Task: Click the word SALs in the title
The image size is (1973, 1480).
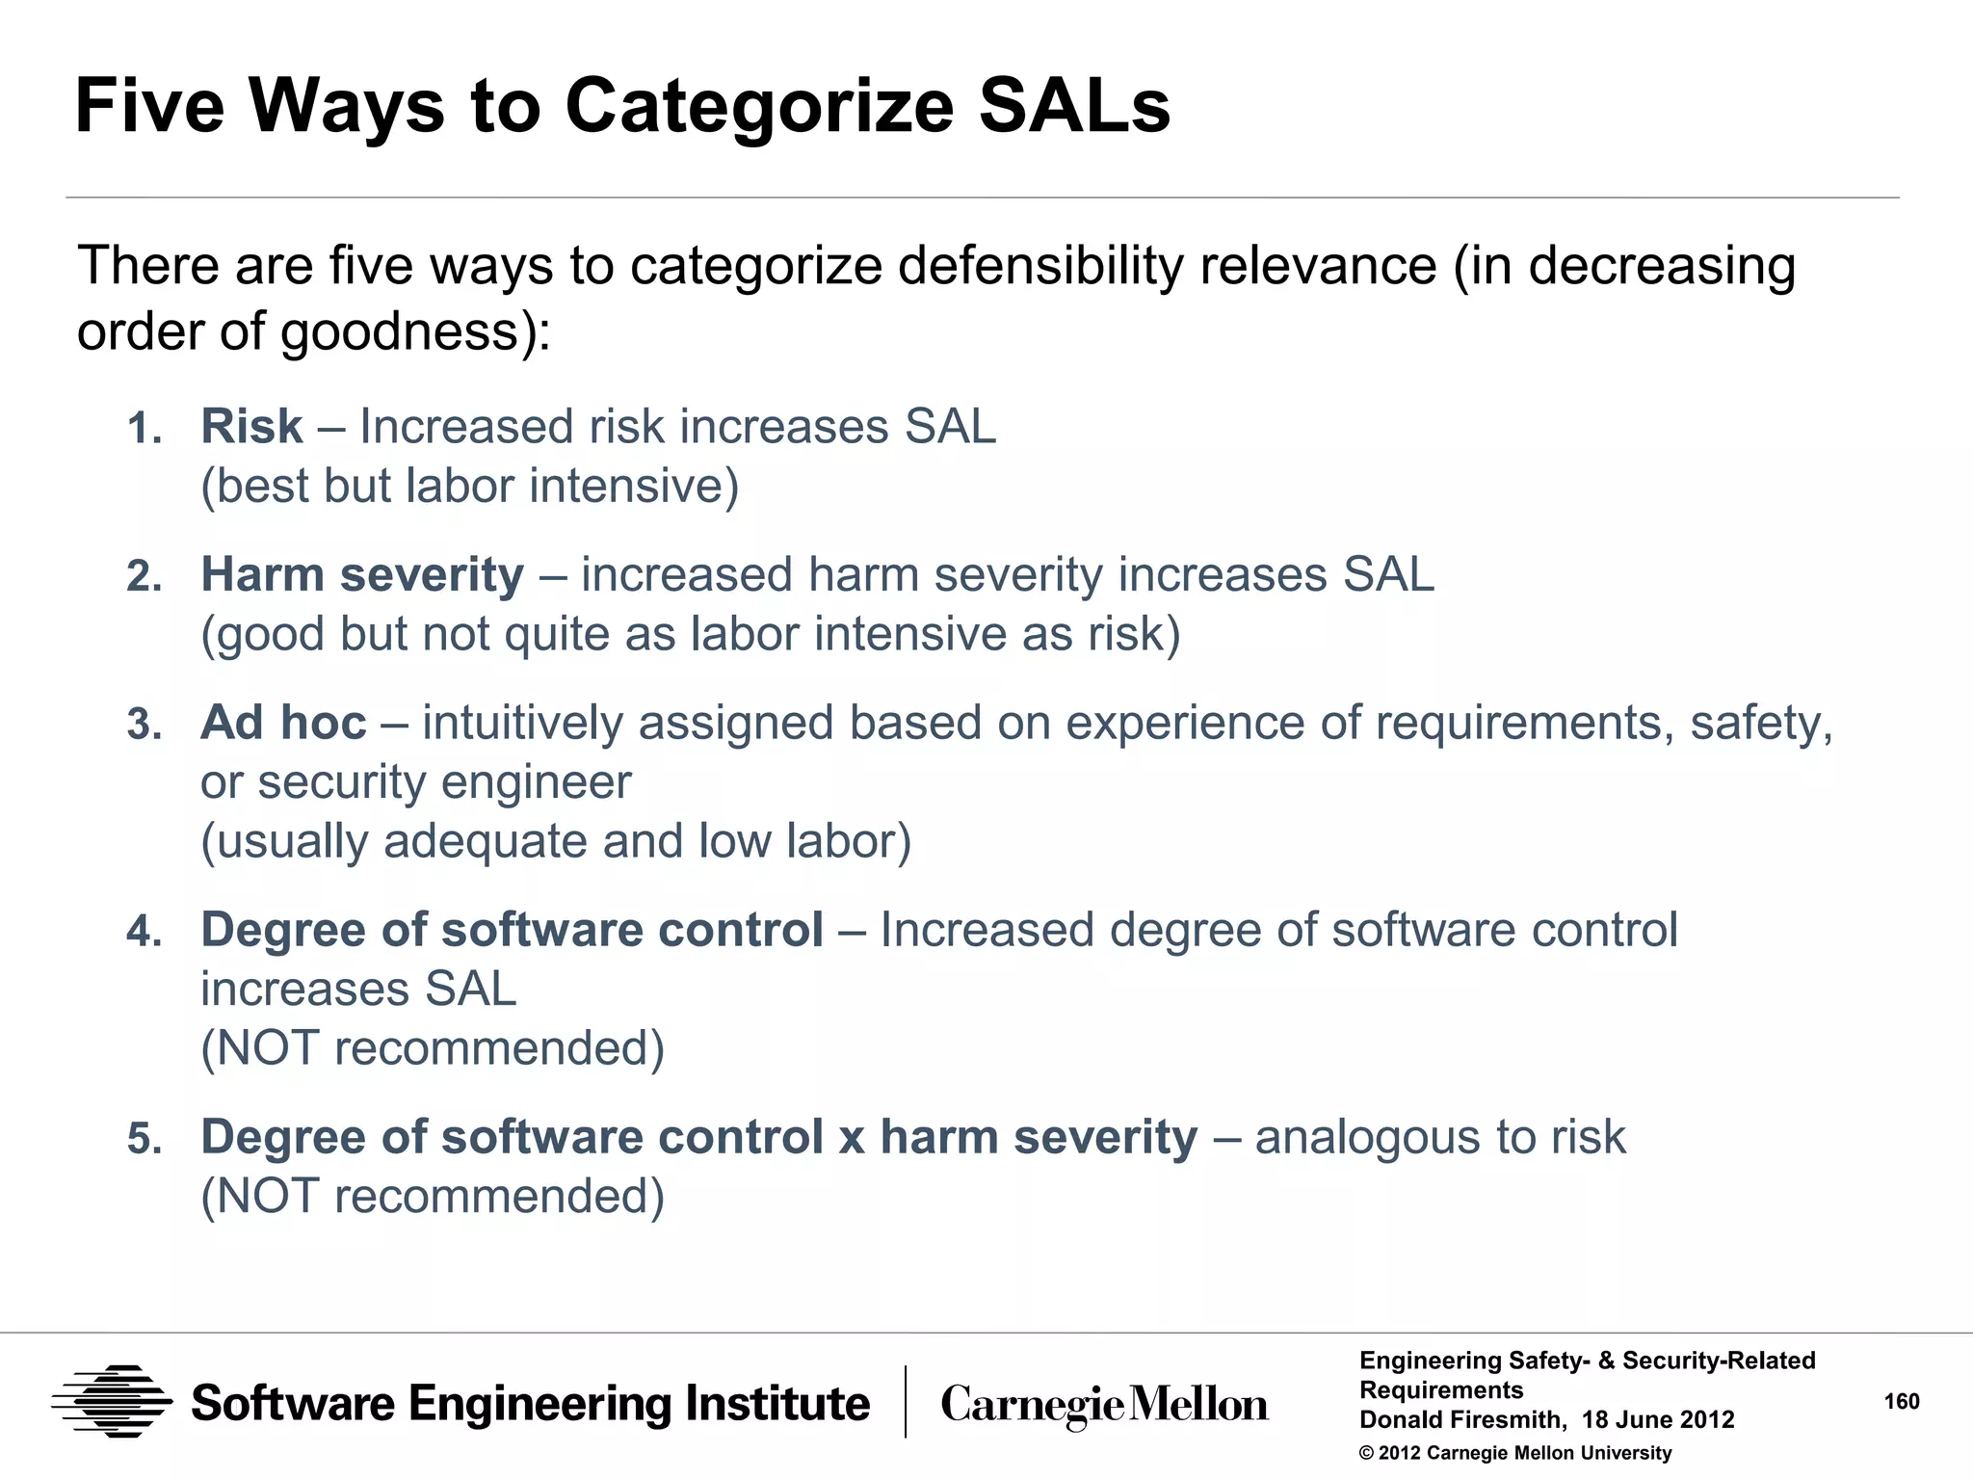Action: [1074, 106]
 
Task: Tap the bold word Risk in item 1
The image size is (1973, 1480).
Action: [251, 426]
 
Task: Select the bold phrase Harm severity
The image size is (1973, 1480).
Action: [362, 574]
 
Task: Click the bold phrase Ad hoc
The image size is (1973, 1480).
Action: [283, 723]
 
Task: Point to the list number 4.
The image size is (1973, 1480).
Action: [145, 932]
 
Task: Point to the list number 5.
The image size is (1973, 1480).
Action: [145, 1139]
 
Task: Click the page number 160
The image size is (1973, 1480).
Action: [1901, 1401]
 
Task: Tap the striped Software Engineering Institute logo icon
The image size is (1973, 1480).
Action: [112, 1402]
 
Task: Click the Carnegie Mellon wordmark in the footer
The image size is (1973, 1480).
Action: [1104, 1405]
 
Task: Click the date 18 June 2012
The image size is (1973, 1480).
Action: [1657, 1419]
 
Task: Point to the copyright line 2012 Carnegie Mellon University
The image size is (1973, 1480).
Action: [1515, 1453]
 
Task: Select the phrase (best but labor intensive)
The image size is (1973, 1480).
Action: [469, 486]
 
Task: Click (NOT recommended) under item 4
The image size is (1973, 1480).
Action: [433, 1048]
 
